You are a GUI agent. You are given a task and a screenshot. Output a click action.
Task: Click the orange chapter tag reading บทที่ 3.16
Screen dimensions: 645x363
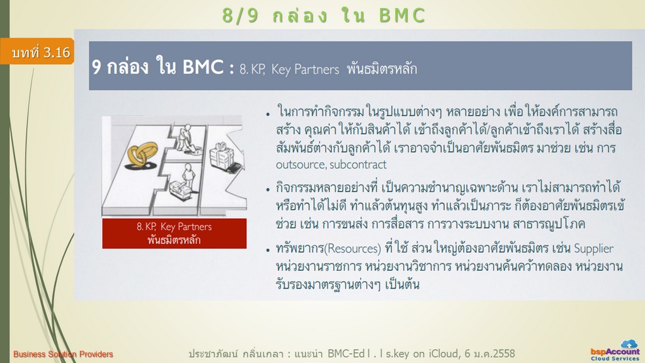pyautogui.click(x=37, y=52)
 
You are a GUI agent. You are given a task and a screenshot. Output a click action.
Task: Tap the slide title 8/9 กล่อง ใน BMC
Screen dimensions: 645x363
pyautogui.click(x=324, y=16)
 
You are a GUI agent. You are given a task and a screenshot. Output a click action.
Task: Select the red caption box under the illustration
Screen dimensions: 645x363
pyautogui.click(x=174, y=233)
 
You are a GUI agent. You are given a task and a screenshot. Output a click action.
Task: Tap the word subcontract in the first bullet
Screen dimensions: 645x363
pyautogui.click(x=358, y=164)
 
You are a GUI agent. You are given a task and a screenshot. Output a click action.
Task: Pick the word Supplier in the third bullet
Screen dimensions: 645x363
pyautogui.click(x=593, y=249)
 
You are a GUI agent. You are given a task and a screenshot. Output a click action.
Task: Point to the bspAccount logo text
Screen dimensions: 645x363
pyautogui.click(x=615, y=352)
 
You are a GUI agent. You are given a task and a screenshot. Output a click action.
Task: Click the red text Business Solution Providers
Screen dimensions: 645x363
pyautogui.click(x=63, y=354)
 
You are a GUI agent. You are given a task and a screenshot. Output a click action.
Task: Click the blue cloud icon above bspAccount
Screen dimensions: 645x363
pyautogui.click(x=629, y=343)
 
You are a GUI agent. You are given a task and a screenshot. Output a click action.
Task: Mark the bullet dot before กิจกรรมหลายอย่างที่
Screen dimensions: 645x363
pyautogui.click(x=268, y=190)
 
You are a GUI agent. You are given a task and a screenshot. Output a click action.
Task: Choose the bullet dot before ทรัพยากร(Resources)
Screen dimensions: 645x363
pyautogui.click(x=268, y=250)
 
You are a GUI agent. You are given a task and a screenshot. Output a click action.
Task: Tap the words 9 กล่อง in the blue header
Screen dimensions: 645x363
pyautogui.click(x=120, y=67)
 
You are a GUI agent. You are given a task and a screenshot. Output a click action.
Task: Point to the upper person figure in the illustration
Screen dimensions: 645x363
pyautogui.click(x=185, y=138)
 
